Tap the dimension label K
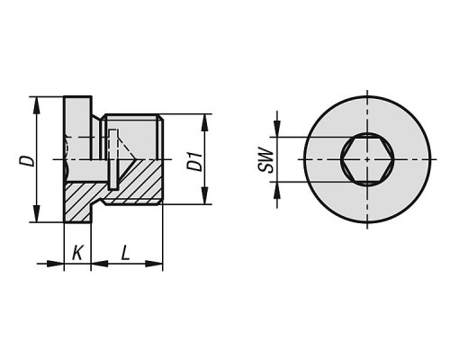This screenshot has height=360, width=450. point(77,253)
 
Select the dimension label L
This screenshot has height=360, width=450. point(126,253)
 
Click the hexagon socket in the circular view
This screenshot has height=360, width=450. point(367,159)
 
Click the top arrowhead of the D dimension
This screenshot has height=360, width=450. point(37,105)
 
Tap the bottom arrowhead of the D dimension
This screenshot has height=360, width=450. point(37,213)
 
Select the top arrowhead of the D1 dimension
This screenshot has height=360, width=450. point(204,122)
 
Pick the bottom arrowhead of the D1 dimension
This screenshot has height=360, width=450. point(204,196)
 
